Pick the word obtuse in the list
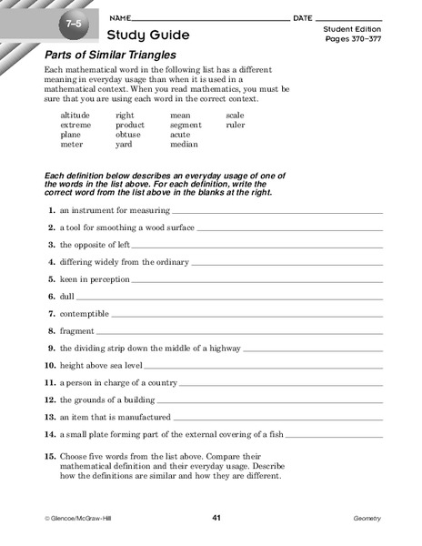[x=130, y=134]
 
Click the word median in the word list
[x=184, y=144]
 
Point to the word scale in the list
[x=235, y=116]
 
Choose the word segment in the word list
[x=186, y=125]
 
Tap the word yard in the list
[x=126, y=144]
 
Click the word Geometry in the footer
[x=367, y=519]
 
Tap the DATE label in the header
[x=303, y=18]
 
